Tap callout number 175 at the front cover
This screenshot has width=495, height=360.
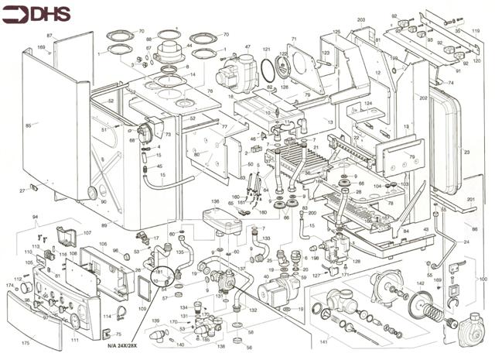point(26,341)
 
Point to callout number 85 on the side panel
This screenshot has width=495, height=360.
point(29,125)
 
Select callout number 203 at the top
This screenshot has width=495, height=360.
point(360,19)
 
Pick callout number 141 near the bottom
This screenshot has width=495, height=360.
point(323,341)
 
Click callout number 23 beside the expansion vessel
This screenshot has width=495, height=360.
point(466,153)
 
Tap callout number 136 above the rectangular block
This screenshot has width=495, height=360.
point(215,201)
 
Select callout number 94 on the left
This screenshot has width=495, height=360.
point(34,218)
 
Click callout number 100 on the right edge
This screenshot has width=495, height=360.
point(483,279)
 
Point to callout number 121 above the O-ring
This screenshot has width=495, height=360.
point(265,50)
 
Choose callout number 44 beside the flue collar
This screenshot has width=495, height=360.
point(190,46)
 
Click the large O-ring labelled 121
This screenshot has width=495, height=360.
point(267,70)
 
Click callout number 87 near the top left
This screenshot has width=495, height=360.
point(49,36)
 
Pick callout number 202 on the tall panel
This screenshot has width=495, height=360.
point(423,98)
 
